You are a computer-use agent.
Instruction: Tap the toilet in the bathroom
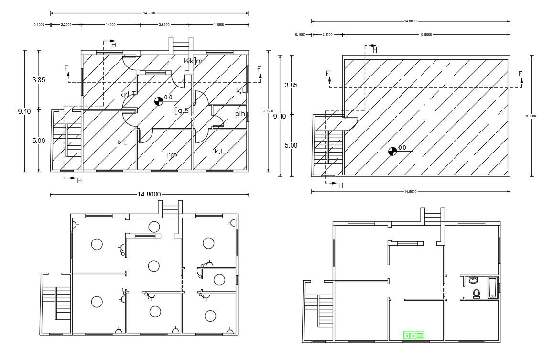pos(476,293)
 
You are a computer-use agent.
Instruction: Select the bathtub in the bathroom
pos(492,287)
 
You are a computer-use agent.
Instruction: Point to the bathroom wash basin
pos(473,280)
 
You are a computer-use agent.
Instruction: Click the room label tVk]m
pos(193,61)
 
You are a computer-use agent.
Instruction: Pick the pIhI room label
pos(240,114)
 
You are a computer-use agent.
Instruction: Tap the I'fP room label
pos(172,156)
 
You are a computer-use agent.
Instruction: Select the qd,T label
pos(129,94)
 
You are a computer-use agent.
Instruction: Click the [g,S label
pos(182,111)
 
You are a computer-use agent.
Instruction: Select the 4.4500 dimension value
pos(218,24)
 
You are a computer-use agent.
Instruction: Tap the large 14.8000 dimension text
pos(149,194)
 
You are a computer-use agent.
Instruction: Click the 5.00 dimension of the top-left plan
pos(39,141)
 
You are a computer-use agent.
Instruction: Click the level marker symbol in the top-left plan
pos(158,101)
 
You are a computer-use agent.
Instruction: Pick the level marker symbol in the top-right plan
pos(392,151)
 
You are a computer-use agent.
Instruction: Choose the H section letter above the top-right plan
pos(375,50)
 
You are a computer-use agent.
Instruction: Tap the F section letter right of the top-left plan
pos(259,69)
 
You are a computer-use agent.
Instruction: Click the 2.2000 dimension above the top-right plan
pos(327,34)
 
